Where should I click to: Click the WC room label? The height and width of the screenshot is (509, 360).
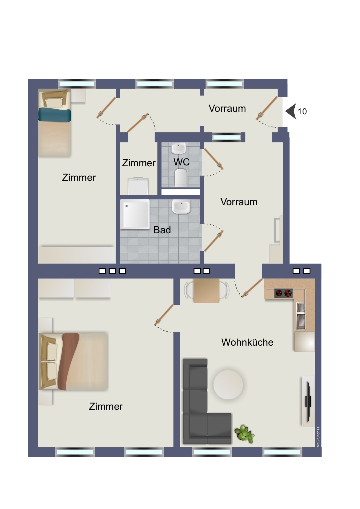click(182, 162)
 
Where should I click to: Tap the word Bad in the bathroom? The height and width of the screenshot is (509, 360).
click(162, 230)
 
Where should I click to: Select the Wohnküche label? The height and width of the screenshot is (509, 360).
click(247, 342)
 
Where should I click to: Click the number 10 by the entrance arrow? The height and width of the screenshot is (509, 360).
click(302, 111)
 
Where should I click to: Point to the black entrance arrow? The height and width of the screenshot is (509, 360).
click(291, 111)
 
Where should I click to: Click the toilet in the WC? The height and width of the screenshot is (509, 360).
click(181, 178)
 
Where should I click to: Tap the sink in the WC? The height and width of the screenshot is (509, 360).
click(178, 148)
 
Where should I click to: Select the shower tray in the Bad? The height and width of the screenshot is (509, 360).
click(135, 214)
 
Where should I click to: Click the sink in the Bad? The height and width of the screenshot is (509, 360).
click(181, 207)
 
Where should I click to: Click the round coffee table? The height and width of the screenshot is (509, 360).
click(228, 385)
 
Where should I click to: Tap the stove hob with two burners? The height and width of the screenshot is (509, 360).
click(283, 293)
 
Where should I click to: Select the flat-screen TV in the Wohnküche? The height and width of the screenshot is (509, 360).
click(308, 402)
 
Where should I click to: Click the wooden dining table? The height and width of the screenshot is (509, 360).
click(206, 290)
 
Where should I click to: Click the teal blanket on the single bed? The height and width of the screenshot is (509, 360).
click(55, 115)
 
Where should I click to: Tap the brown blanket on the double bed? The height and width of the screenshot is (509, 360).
click(68, 361)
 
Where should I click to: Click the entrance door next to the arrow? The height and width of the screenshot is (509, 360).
click(267, 108)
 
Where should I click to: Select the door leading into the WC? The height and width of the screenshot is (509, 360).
click(214, 159)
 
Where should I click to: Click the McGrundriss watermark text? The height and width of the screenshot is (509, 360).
click(318, 437)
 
